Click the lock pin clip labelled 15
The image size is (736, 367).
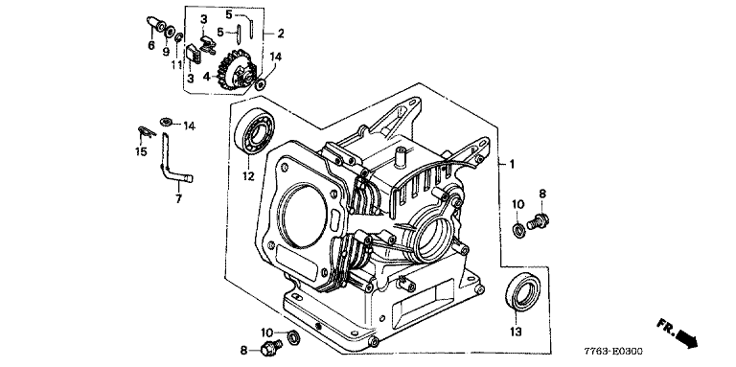pos(146,132)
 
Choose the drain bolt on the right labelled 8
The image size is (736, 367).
pos(539,219)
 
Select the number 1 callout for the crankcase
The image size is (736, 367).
pos(512,164)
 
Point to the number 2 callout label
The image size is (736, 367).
pos(280,34)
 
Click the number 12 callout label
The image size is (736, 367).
pos(248,176)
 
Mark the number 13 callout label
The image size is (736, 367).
pos(516,333)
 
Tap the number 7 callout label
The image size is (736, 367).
pos(178,199)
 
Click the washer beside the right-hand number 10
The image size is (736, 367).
pos(518,230)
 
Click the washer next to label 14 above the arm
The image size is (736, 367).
pos(166,122)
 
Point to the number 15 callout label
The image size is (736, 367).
pos(141,152)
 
